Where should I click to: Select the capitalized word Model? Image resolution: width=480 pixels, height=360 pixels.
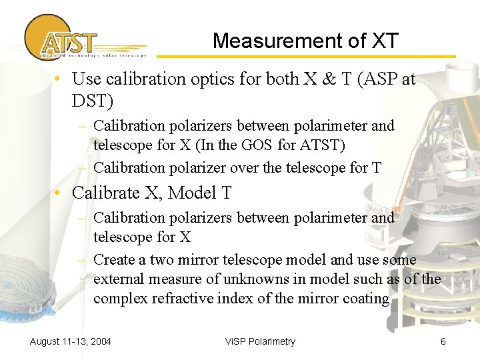[193, 193]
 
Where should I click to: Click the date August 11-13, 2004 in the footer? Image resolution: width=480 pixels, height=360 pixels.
[71, 341]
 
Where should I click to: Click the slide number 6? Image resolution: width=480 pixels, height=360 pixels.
[443, 341]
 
